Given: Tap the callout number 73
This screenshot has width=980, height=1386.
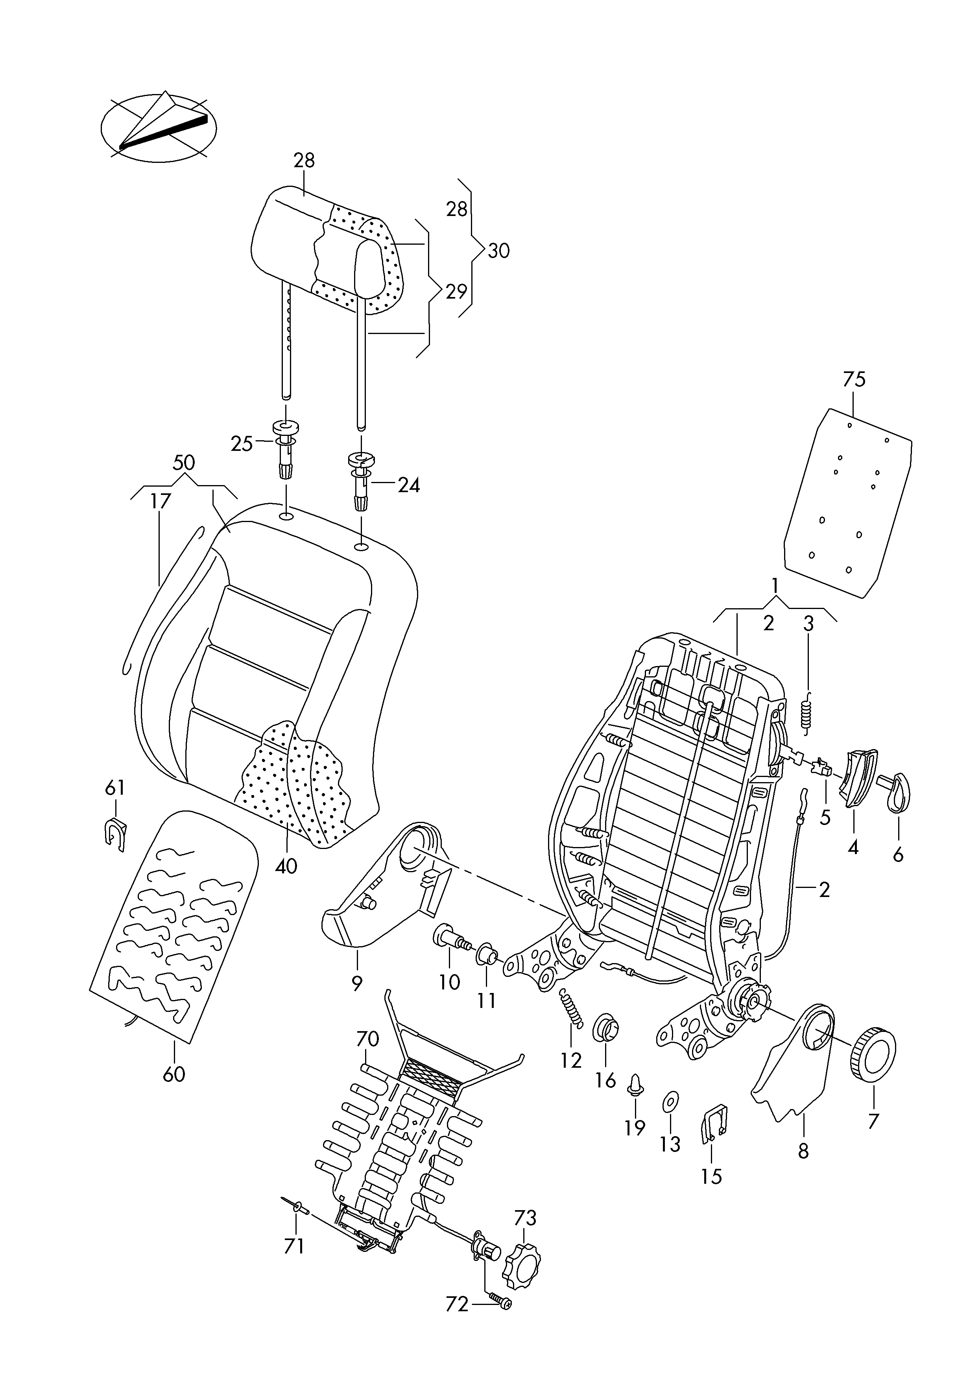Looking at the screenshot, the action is tap(525, 1218).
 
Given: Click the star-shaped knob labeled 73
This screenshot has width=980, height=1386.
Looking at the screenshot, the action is tap(520, 1259).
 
